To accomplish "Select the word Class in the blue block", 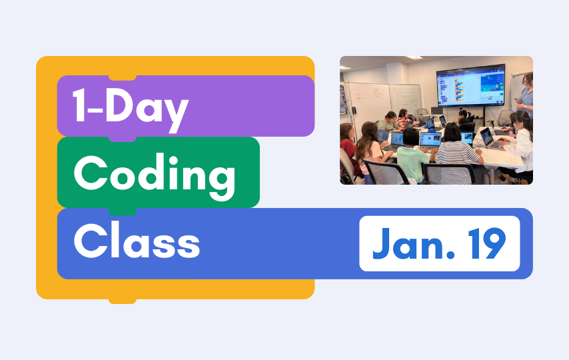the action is [x=137, y=241].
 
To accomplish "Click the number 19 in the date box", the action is [x=486, y=243].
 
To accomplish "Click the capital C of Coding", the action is [x=90, y=173].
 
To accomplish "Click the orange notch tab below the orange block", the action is [x=123, y=301].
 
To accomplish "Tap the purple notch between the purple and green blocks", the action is [x=123, y=139].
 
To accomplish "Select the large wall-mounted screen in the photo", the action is [x=470, y=85].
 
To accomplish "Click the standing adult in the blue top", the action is [x=525, y=95].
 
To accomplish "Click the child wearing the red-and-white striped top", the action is [x=404, y=118].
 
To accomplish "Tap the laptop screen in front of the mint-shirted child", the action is [x=430, y=139].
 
